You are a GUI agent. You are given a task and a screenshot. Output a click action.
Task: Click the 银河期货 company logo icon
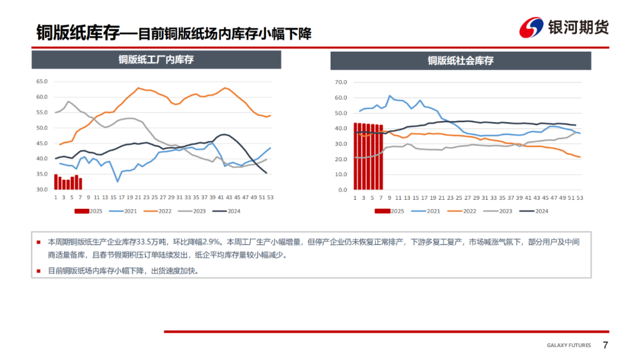[532, 28]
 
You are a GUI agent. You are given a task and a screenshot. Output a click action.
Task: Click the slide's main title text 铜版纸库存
[77, 32]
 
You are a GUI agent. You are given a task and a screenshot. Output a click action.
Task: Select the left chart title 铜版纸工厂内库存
[156, 59]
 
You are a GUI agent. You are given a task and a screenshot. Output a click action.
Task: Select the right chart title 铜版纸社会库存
[461, 60]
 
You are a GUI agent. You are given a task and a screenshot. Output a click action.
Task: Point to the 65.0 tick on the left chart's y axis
[42, 82]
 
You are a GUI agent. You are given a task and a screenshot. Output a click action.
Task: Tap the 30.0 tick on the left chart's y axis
[42, 190]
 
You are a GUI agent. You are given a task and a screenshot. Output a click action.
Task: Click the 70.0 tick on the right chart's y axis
[341, 82]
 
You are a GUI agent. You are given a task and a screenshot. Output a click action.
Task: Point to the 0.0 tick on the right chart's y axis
[342, 190]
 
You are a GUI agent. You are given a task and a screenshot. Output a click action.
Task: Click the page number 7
[605, 346]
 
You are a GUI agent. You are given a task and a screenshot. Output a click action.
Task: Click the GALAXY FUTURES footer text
[569, 346]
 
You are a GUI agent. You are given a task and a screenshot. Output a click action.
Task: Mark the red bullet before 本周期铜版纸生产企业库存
[39, 242]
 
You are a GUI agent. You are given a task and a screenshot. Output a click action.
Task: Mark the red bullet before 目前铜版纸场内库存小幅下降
[39, 270]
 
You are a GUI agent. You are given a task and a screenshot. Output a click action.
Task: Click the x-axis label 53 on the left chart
[270, 197]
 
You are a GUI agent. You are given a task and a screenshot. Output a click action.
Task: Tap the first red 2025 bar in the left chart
[56, 182]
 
